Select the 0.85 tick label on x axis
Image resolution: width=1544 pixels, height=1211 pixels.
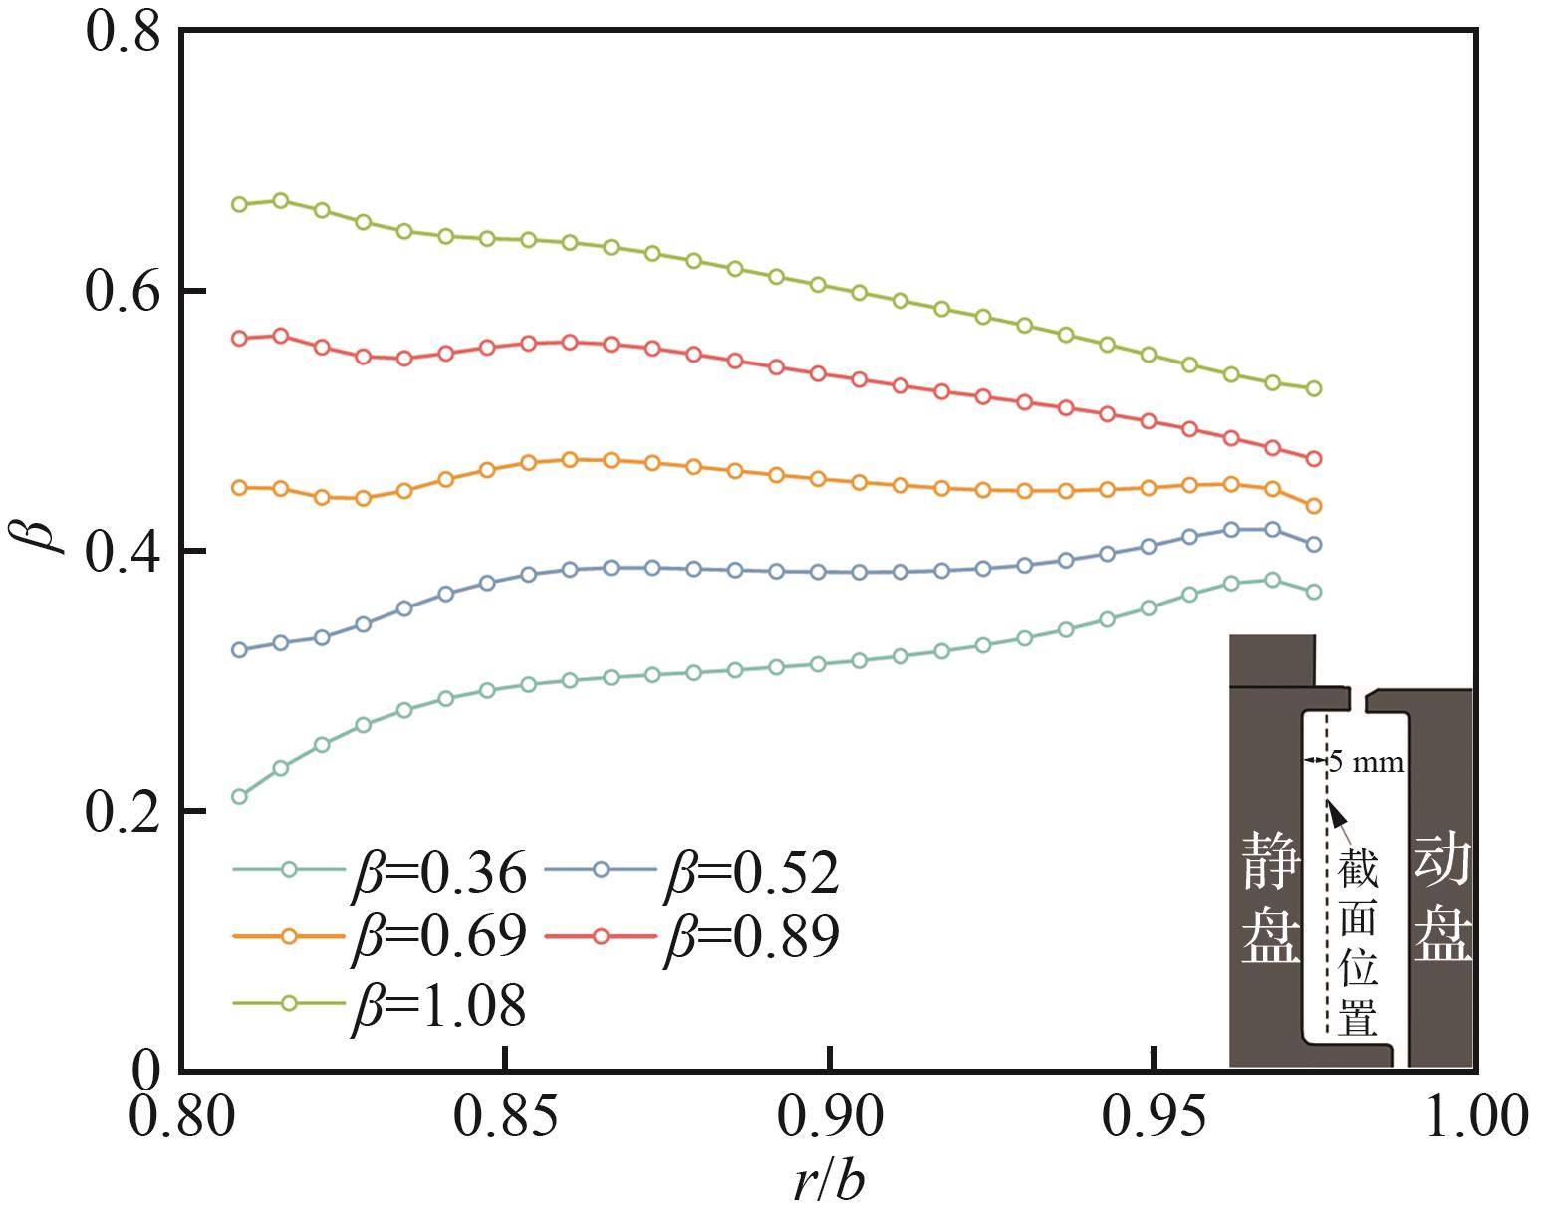(505, 1118)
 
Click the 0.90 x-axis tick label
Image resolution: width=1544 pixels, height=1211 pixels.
(829, 1118)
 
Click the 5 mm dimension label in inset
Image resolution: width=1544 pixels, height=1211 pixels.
(1366, 764)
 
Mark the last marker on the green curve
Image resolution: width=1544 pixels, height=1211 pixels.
(1313, 388)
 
